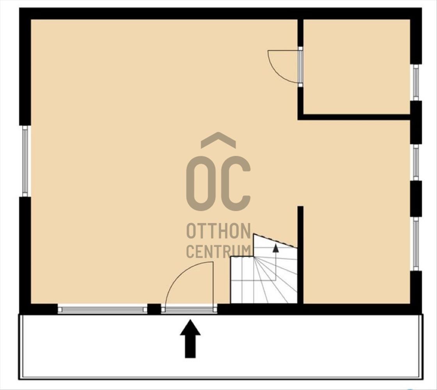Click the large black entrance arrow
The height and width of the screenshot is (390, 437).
tap(190, 339)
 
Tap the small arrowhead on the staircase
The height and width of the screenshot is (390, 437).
tap(275, 248)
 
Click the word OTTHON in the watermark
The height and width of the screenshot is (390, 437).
tap(218, 231)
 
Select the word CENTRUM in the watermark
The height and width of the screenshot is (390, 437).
tap(218, 251)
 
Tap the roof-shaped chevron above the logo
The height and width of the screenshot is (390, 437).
tap(218, 140)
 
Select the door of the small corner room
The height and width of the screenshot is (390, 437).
tap(300, 67)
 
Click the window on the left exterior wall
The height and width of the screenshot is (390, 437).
tap(25, 161)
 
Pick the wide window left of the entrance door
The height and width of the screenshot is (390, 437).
tap(102, 310)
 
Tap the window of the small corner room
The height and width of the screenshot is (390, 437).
tap(416, 82)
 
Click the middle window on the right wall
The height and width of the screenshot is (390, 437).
tap(416, 163)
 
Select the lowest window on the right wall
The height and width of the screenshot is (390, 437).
tap(416, 244)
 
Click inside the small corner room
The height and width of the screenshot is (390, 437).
tap(356, 66)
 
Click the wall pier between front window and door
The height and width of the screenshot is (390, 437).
tap(154, 309)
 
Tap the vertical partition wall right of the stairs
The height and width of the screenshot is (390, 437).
tap(300, 255)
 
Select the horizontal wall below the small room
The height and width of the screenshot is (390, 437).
tap(354, 117)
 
